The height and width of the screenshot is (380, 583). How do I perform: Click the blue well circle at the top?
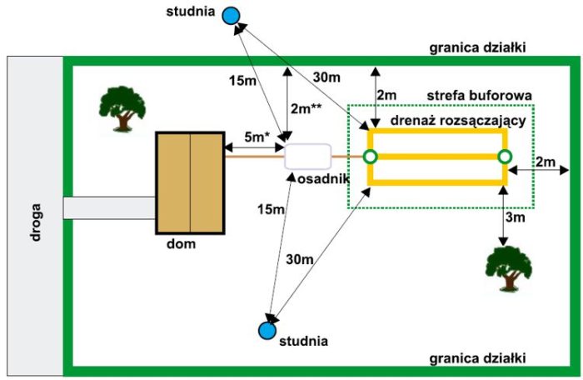pyautogui.click(x=233, y=14)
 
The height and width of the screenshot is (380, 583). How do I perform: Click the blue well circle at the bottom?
pyautogui.click(x=267, y=331)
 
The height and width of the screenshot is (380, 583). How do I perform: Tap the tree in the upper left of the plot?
pyautogui.click(x=118, y=107)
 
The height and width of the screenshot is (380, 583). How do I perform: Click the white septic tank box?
pyautogui.click(x=307, y=156)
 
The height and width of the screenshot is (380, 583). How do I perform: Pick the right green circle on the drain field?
pyautogui.click(x=503, y=157)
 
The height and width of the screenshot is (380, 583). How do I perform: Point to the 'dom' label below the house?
pyautogui.click(x=180, y=245)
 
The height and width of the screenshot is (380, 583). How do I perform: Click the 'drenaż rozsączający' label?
pyautogui.click(x=449, y=121)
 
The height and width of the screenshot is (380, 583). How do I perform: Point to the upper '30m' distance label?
pyautogui.click(x=326, y=77)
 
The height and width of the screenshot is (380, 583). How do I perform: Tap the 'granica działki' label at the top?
pyautogui.click(x=477, y=47)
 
